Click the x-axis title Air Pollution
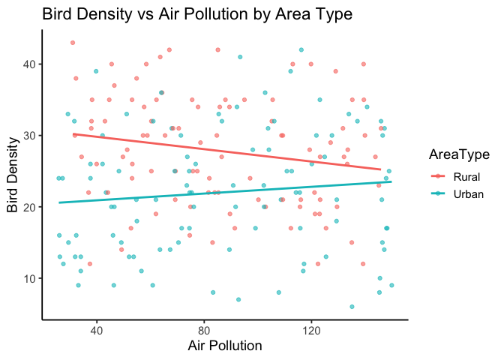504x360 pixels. (x=224, y=345)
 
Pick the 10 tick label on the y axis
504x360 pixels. (x=29, y=278)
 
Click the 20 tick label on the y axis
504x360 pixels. (x=29, y=207)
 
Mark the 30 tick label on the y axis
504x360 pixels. (x=29, y=136)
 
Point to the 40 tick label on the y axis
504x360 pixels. (x=29, y=64)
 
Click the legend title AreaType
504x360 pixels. (x=460, y=154)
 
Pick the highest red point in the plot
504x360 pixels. (x=72, y=43)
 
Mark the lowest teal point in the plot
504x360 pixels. (x=351, y=307)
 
